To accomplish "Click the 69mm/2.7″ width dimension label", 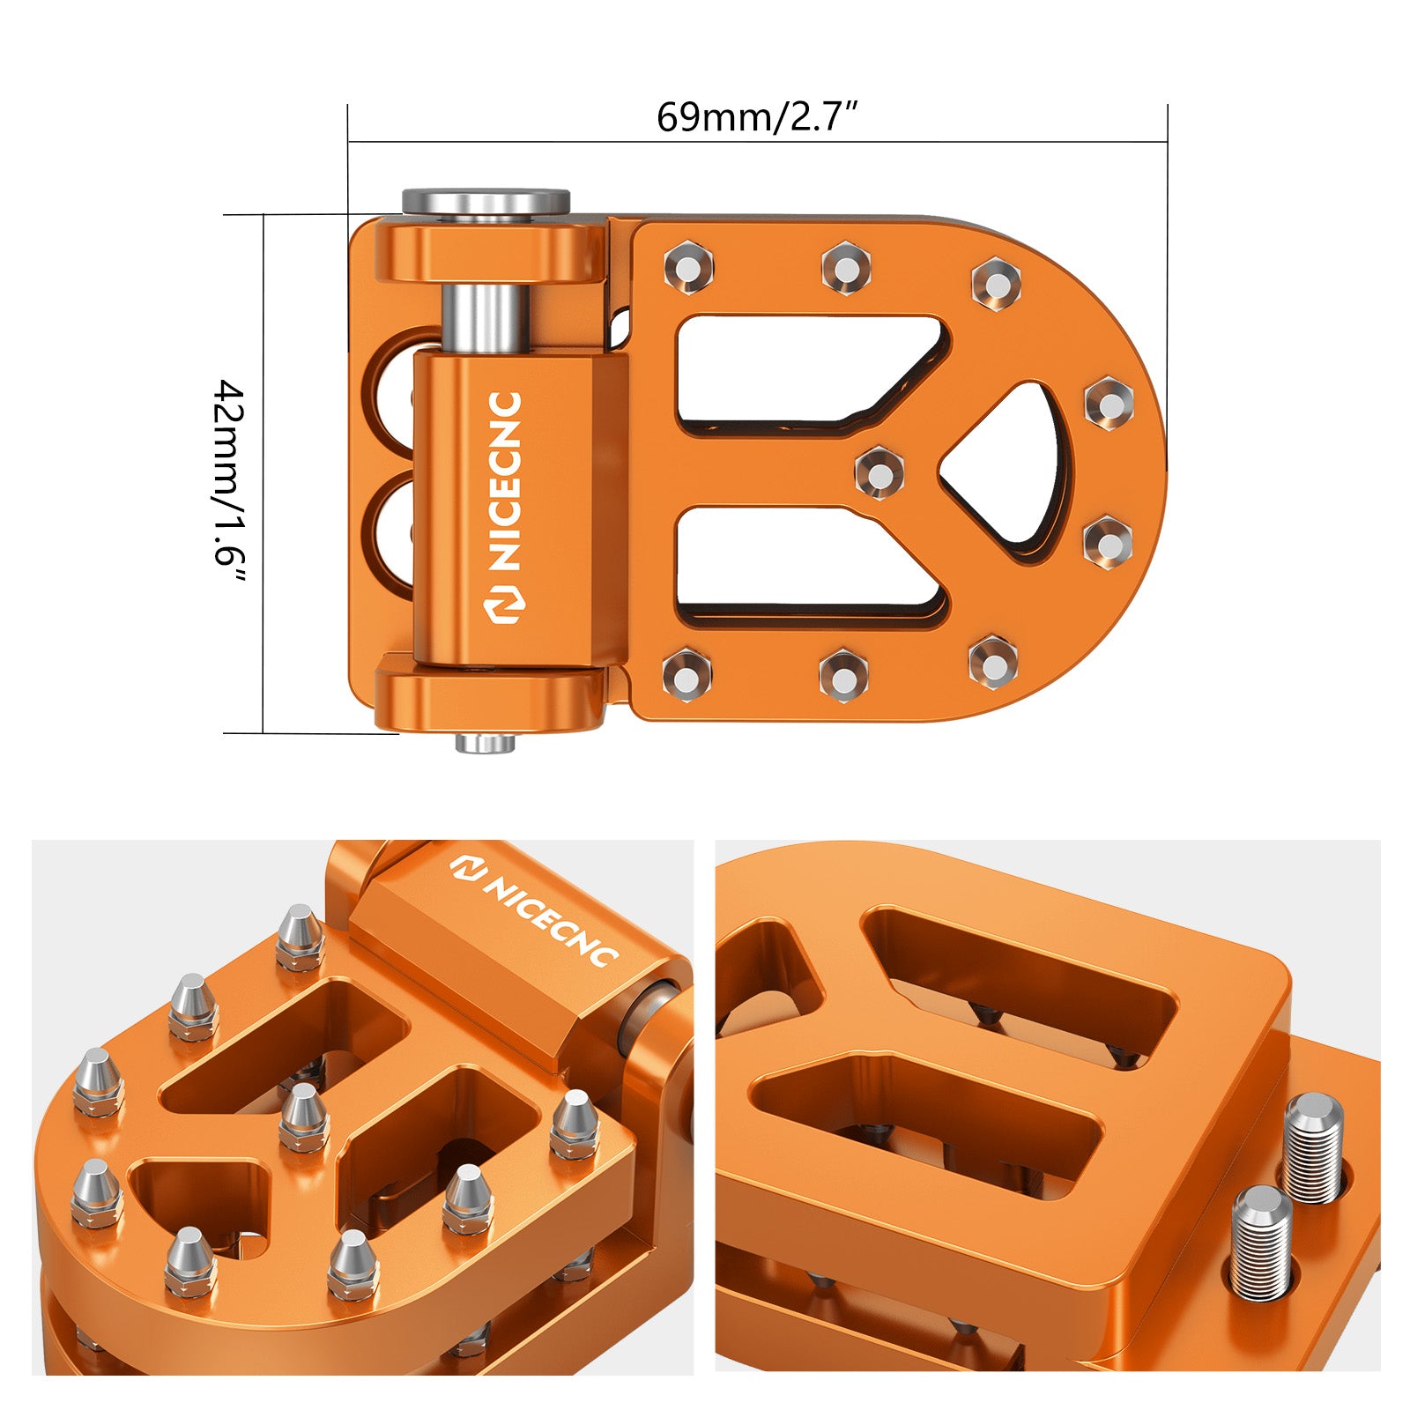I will pos(756,116).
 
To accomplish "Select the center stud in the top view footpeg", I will pos(879,471).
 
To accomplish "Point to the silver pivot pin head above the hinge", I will pos(486,202).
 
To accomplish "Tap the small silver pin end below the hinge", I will pos(485,744).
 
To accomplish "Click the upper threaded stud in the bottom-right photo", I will pos(1313,1146).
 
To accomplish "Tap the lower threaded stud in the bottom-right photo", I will pos(1262,1243).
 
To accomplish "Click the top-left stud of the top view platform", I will pos(688,265).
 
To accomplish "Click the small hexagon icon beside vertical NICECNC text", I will pos(506,604).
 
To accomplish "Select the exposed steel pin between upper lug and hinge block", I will pos(485,317).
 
